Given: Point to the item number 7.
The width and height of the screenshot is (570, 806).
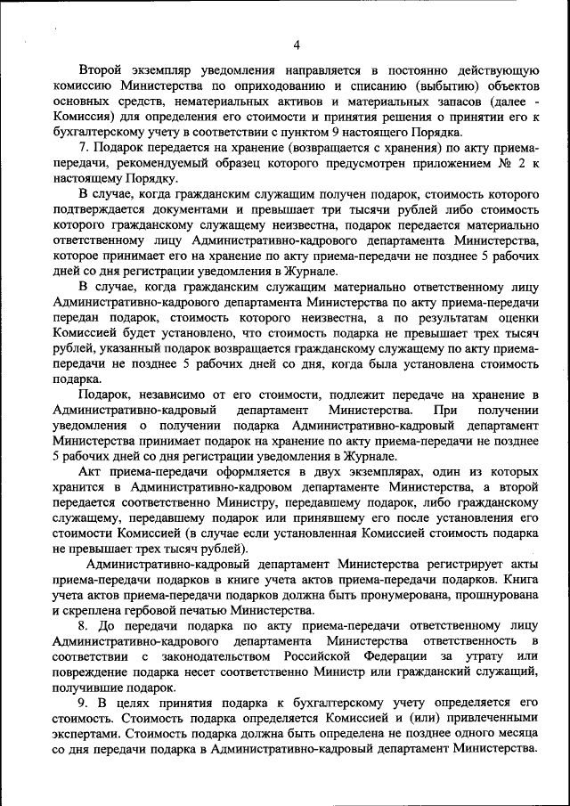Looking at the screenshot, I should [x=83, y=147].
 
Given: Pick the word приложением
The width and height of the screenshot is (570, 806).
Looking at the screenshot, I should [x=437, y=163].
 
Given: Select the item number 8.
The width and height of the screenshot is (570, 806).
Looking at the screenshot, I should [x=83, y=625].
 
